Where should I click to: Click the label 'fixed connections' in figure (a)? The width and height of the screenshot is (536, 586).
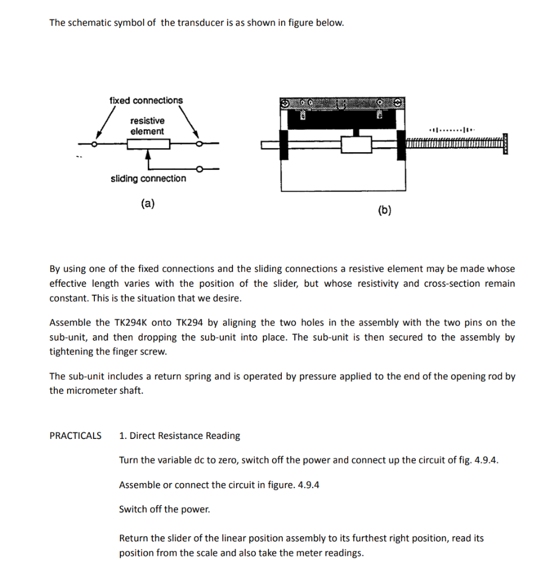[x=146, y=101]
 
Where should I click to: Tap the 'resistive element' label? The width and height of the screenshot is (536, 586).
[x=147, y=126]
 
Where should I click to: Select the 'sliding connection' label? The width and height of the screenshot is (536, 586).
[x=148, y=179]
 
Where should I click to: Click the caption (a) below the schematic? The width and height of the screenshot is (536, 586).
[x=148, y=203]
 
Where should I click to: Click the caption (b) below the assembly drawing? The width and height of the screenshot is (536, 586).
[x=385, y=211]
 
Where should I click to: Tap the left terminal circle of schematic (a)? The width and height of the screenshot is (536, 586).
[x=95, y=144]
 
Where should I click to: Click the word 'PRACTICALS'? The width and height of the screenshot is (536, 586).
[x=76, y=436]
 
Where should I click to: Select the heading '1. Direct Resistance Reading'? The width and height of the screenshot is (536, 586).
[x=179, y=436]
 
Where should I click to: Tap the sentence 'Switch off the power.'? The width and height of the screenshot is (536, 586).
[x=164, y=509]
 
